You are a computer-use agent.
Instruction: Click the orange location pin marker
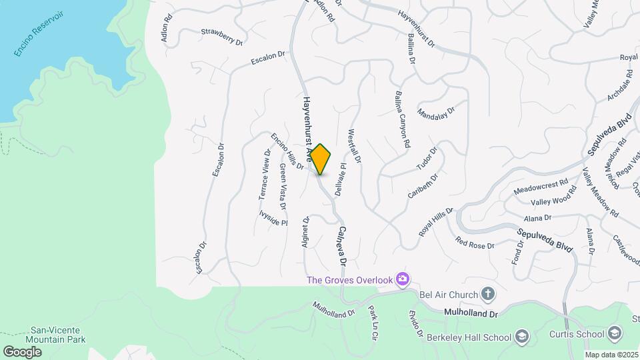(x=321, y=159)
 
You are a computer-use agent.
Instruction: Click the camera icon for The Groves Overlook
(x=402, y=279)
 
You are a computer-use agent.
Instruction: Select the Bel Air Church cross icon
(x=488, y=294)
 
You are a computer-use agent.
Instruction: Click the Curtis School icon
(x=614, y=333)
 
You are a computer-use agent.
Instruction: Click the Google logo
(x=22, y=351)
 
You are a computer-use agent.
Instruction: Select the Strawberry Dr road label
(x=221, y=36)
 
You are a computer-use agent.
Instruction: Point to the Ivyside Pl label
(x=273, y=217)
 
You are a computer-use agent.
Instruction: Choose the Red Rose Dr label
(x=475, y=241)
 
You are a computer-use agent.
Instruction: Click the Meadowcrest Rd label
(x=541, y=186)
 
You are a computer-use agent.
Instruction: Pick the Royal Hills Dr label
(x=436, y=221)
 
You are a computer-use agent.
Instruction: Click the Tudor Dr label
(x=425, y=158)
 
